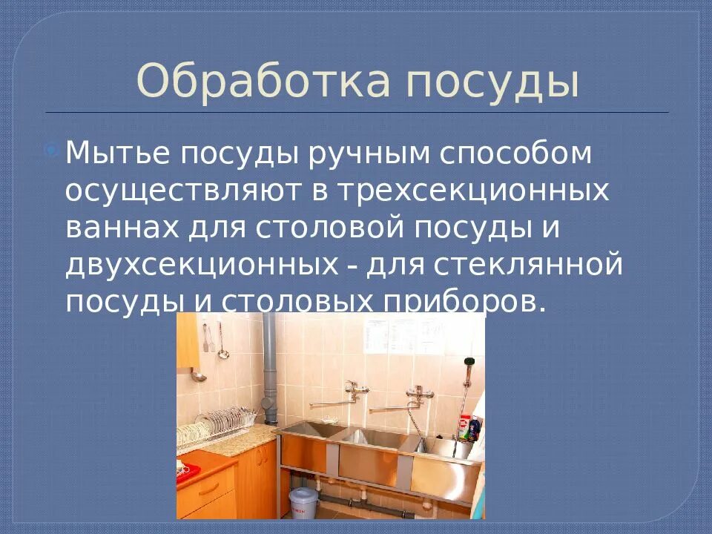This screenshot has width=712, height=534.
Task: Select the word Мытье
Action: click(x=116, y=154)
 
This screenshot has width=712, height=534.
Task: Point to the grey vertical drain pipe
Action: click(x=268, y=363)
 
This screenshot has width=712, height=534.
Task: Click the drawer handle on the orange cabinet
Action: click(x=208, y=489)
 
